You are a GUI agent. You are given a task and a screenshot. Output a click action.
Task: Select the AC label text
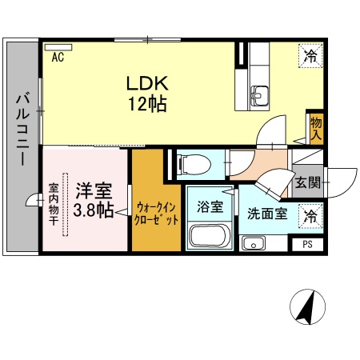coord(58,57)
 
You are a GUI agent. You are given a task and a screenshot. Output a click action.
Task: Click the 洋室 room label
coord(94,192)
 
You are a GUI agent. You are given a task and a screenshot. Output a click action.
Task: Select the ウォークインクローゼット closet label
coord(157,211)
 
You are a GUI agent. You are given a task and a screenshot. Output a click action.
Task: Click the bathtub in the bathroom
coord(210,238)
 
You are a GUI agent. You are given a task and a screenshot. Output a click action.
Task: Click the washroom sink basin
coord(254,244)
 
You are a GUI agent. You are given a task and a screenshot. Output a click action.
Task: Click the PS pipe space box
coord(307,245)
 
